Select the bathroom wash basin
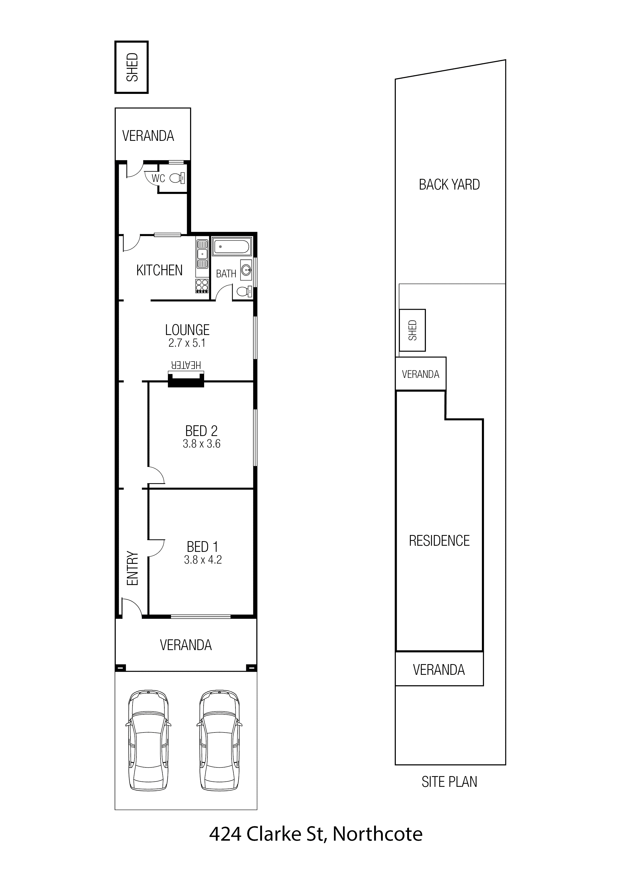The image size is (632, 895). click(x=246, y=270)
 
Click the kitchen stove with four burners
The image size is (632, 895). click(x=202, y=286)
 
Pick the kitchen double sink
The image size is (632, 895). click(x=202, y=254)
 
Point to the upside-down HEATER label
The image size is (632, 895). click(x=186, y=365)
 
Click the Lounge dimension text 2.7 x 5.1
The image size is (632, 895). click(x=187, y=343)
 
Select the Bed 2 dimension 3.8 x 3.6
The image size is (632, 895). click(x=202, y=444)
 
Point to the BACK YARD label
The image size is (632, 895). click(x=449, y=184)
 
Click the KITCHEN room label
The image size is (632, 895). click(x=159, y=270)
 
